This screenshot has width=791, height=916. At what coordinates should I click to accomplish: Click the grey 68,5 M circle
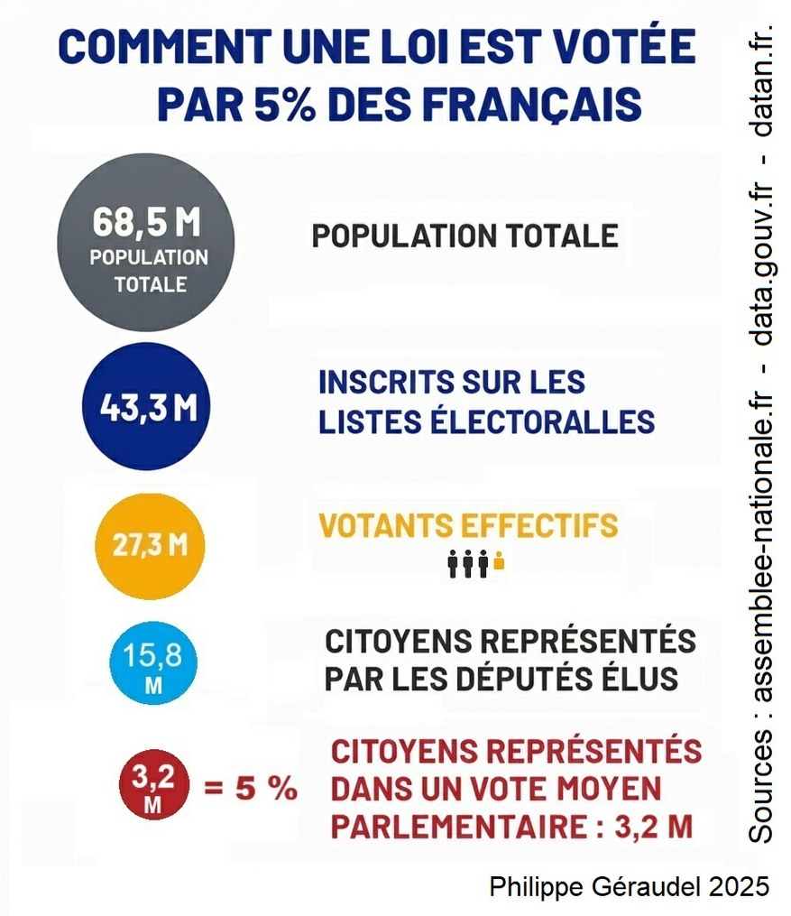click(145, 242)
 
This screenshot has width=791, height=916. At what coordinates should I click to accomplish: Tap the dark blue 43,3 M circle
click(145, 406)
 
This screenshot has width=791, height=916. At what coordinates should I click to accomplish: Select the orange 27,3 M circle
click(151, 547)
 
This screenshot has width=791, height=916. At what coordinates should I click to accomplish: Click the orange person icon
click(499, 564)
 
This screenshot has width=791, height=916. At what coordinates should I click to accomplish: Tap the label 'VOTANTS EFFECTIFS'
click(468, 526)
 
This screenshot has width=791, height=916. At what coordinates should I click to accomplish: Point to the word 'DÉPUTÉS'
click(518, 680)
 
